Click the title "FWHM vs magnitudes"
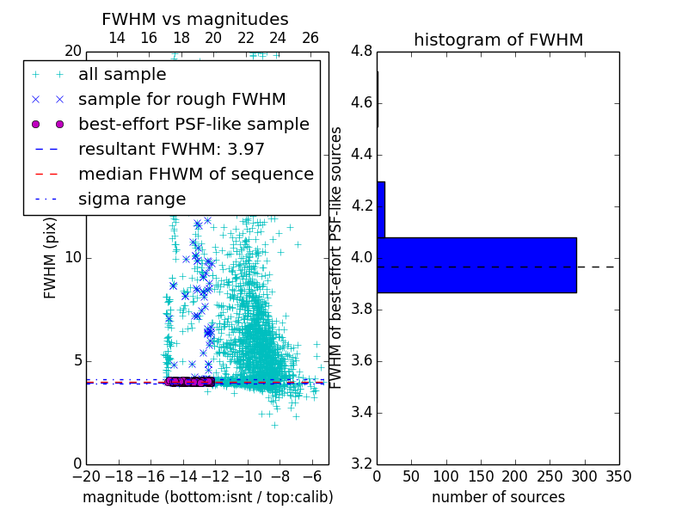[195, 20]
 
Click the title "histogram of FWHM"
[498, 40]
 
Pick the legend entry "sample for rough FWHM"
[181, 100]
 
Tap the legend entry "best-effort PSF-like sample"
[193, 125]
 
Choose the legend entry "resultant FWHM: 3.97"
[171, 150]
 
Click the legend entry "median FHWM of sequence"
[195, 175]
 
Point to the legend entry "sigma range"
[132, 200]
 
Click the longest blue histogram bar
[476, 265]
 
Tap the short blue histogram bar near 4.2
[381, 209]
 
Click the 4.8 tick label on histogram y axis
[362, 51]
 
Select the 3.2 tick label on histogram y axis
[362, 464]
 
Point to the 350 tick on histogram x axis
[618, 476]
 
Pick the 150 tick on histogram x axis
[481, 476]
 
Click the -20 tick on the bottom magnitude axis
[86, 476]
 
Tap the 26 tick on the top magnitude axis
[310, 38]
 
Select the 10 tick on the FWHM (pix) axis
[73, 258]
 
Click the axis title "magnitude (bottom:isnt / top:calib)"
[207, 497]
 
